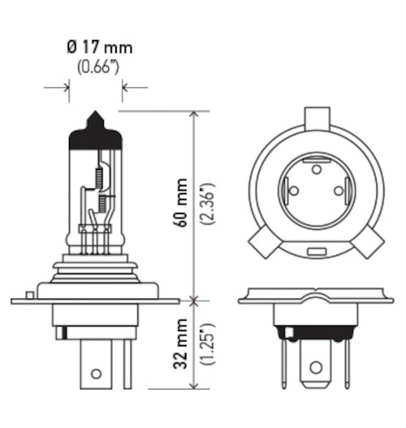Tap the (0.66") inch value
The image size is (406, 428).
coord(97,67)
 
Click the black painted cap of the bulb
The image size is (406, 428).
coord(96,136)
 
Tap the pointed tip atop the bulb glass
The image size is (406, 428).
coord(95,115)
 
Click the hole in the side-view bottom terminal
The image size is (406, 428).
coord(96,374)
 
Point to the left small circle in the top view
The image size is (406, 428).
coord(293,192)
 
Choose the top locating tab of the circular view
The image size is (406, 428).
coord(316,115)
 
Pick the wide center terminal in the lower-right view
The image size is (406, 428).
coord(315,357)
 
